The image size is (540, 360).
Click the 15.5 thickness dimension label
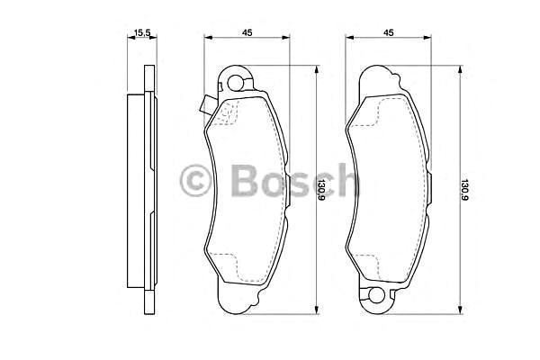(141, 33)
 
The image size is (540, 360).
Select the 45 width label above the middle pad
(246, 33)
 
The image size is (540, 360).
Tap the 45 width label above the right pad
(389, 33)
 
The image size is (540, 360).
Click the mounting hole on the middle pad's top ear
(237, 85)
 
